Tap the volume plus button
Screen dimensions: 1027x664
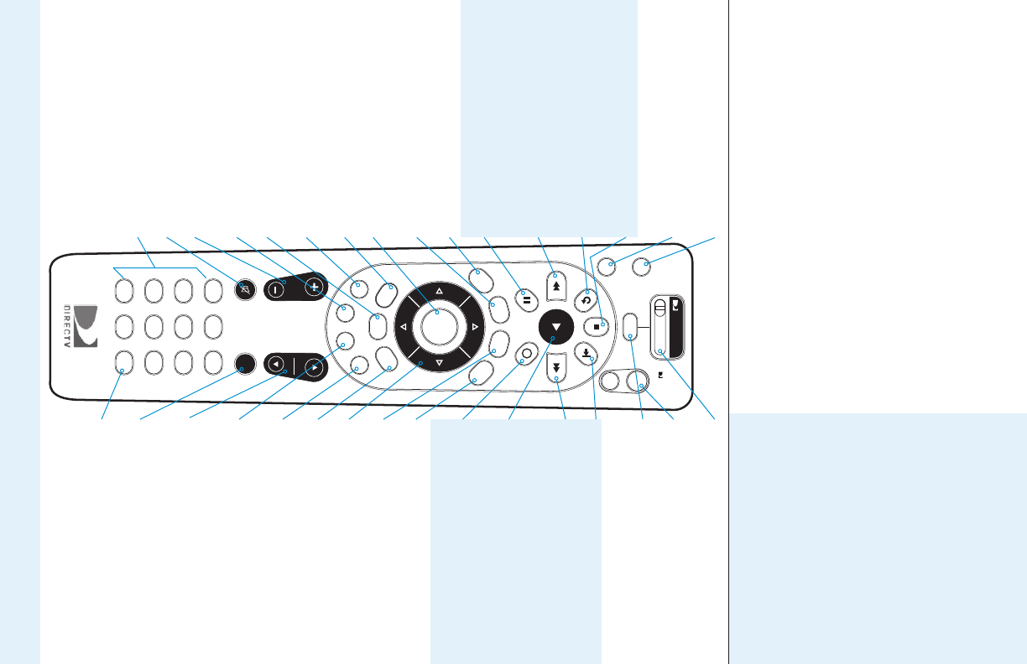coord(315,286)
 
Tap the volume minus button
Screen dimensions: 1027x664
coord(276,287)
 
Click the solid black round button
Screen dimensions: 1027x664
coord(245,364)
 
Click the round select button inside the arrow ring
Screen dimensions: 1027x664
coord(437,325)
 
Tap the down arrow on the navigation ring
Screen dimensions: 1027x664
coord(438,362)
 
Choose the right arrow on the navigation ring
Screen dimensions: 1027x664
coord(474,326)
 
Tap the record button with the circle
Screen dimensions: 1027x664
coord(526,354)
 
